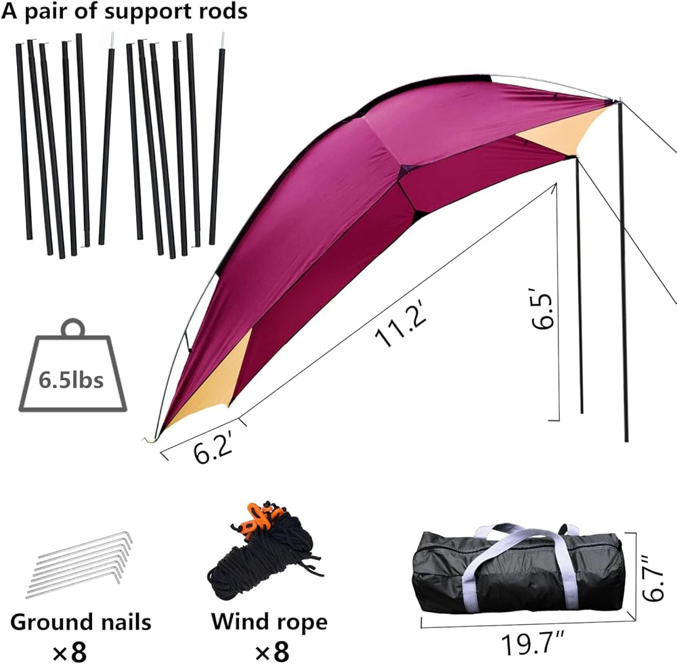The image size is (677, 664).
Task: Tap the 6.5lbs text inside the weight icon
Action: point(71,380)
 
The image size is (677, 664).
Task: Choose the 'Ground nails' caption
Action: point(81,621)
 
